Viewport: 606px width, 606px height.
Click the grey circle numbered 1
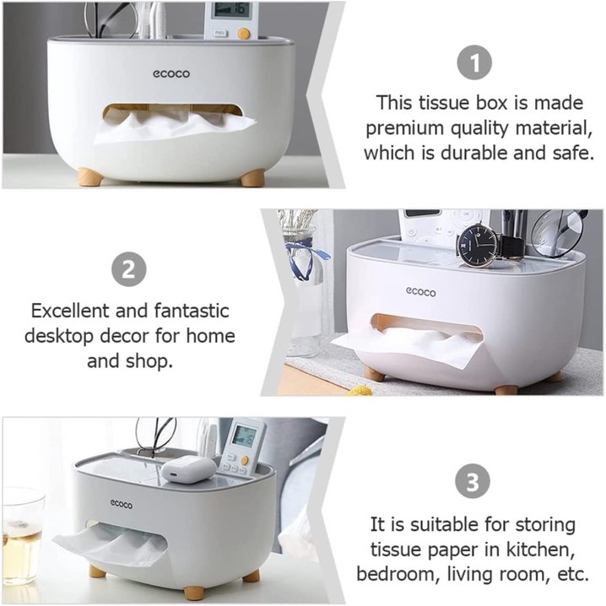point(474,62)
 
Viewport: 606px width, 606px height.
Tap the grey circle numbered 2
point(128,269)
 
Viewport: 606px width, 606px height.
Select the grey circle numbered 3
point(473,482)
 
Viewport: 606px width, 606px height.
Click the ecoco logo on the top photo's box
point(171,73)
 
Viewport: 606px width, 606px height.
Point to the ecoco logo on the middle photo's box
point(420,292)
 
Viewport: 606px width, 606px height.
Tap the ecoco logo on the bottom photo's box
point(121,504)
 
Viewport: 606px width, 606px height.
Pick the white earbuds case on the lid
point(188,468)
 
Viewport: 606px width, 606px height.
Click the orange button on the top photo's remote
point(243,35)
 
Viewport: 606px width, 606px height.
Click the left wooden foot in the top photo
point(91,176)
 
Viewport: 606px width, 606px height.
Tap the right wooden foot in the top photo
point(252,179)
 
